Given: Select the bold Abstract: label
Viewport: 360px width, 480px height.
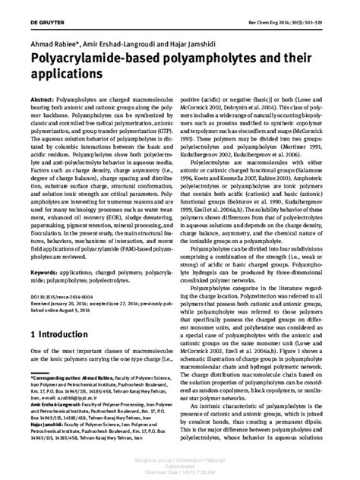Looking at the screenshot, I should point(45,99).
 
